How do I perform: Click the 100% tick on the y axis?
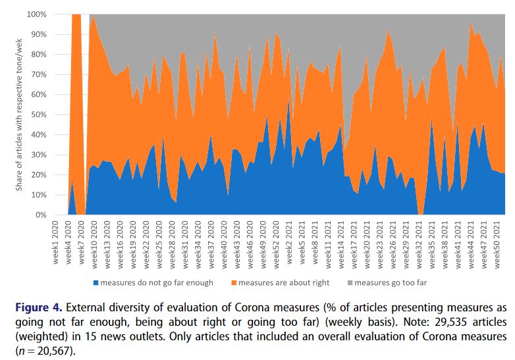pos(36,14)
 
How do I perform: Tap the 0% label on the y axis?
pos(40,215)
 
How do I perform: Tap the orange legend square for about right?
pos(232,283)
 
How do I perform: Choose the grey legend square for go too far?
pos(350,283)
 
